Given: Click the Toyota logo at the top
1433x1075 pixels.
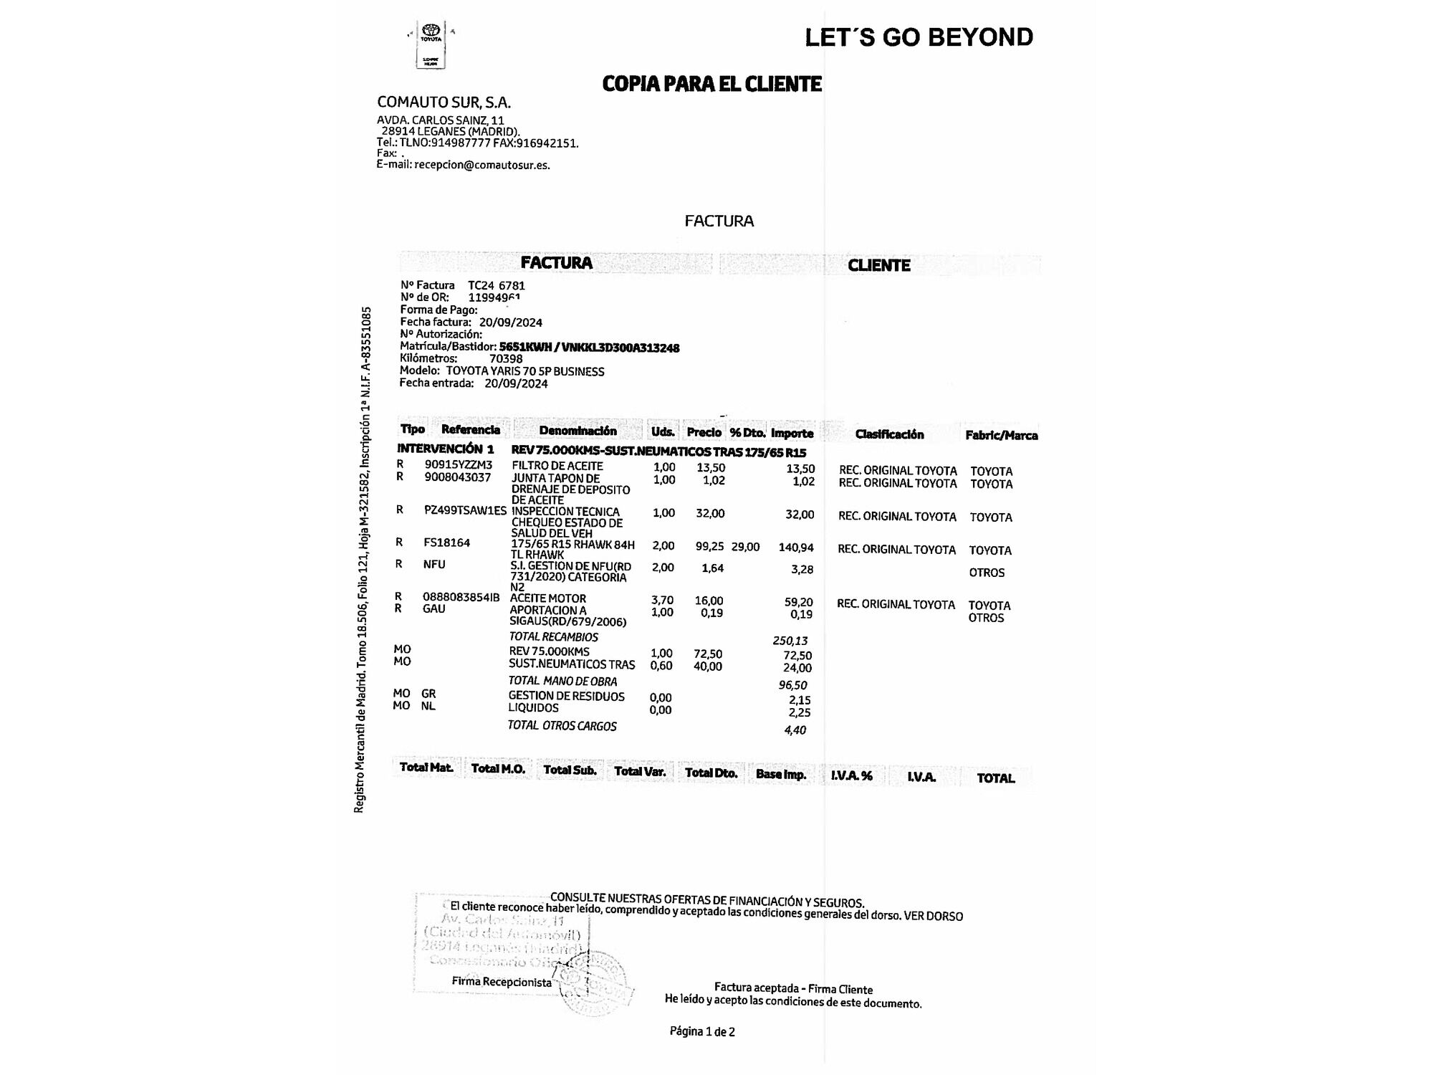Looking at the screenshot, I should pyautogui.click(x=431, y=32).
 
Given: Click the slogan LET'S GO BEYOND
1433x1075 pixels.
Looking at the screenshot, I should pyautogui.click(x=919, y=37).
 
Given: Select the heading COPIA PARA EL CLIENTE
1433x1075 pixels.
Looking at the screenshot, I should pyautogui.click(x=711, y=84).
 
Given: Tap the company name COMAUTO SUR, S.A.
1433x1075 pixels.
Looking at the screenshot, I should pyautogui.click(x=444, y=102).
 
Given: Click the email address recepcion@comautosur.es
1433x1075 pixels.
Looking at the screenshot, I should pyautogui.click(x=481, y=165).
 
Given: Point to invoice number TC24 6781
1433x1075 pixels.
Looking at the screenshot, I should pyautogui.click(x=497, y=285).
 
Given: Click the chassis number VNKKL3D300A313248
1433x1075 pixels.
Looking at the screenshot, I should pyautogui.click(x=620, y=348).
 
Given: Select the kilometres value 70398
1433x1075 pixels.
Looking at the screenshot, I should pyautogui.click(x=506, y=359).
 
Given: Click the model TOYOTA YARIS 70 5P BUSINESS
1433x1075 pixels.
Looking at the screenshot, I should pyautogui.click(x=524, y=371).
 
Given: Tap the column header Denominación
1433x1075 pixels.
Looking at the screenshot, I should pyautogui.click(x=577, y=431).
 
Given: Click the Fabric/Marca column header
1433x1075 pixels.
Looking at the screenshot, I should pyautogui.click(x=1001, y=435).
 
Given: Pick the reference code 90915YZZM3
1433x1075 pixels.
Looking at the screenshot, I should pyautogui.click(x=459, y=465).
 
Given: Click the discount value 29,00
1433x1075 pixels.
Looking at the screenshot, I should pyautogui.click(x=745, y=547).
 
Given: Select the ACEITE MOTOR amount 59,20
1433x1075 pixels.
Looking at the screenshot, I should pyautogui.click(x=798, y=602).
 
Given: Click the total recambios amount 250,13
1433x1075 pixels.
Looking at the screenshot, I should pyautogui.click(x=790, y=641).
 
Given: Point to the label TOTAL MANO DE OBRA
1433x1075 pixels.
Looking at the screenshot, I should pyautogui.click(x=562, y=681).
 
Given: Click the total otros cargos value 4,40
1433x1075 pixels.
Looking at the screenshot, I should pyautogui.click(x=795, y=730).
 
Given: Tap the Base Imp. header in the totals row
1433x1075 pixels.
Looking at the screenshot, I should pyautogui.click(x=781, y=774).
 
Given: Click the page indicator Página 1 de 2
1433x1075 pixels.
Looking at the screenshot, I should pyautogui.click(x=702, y=1031).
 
